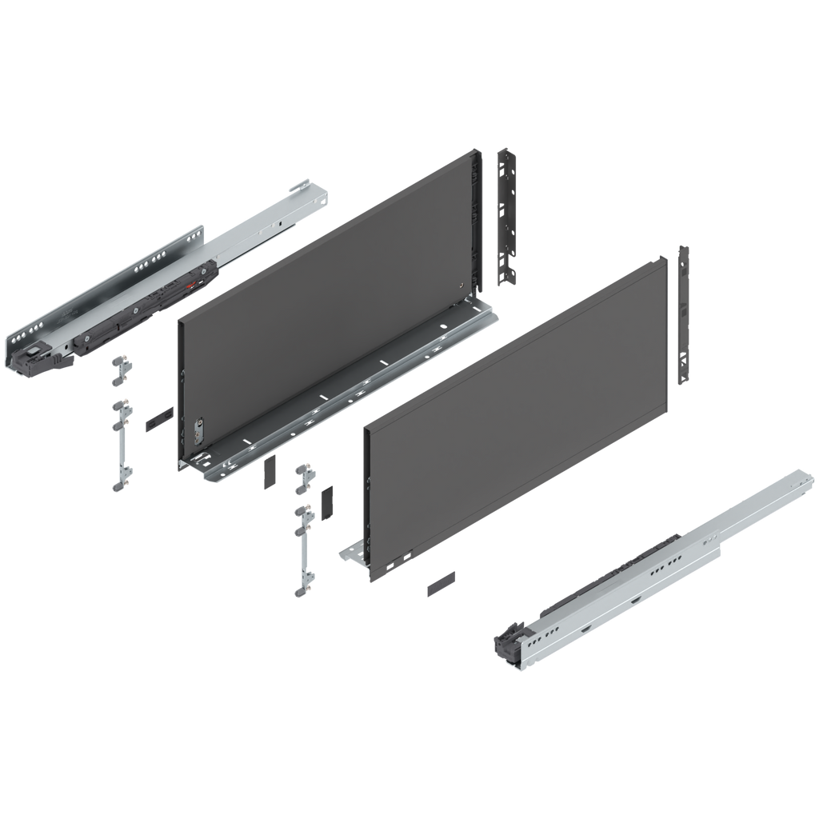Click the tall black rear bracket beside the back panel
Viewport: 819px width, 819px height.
pos(507,216)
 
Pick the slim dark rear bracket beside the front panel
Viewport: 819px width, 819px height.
pos(684,315)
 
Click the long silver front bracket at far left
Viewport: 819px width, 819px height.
pos(121,444)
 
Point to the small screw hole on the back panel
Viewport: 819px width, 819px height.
pos(458,286)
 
